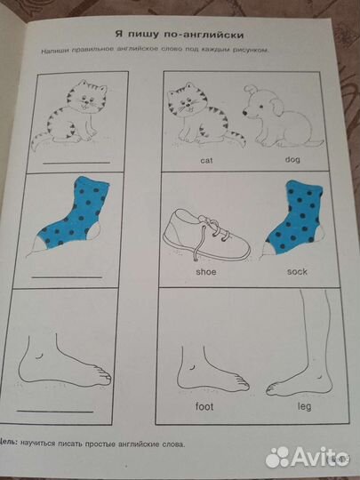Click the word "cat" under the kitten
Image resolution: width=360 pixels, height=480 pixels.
pyautogui.click(x=206, y=160)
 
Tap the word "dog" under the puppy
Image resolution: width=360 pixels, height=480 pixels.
pyautogui.click(x=292, y=159)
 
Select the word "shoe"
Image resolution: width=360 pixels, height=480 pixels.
pyautogui.click(x=206, y=271)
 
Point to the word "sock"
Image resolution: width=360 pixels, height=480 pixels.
pyautogui.click(x=297, y=271)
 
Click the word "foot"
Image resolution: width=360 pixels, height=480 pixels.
pyautogui.click(x=204, y=406)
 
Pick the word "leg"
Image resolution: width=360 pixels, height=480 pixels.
pyautogui.click(x=304, y=407)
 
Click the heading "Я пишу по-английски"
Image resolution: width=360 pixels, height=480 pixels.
pyautogui.click(x=180, y=35)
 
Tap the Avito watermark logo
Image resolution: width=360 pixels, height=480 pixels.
pyautogui.click(x=307, y=457)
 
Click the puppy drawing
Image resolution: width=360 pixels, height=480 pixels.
pyautogui.click(x=282, y=116)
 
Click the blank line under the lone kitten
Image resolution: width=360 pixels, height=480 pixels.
pyautogui.click(x=76, y=163)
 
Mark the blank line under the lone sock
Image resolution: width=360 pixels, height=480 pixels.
pyautogui.click(x=67, y=277)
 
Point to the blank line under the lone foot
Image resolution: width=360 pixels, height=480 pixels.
pyautogui.click(x=55, y=412)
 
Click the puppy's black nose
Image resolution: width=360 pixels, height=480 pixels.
pyautogui.click(x=245, y=113)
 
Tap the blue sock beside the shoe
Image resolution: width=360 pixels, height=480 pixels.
pyautogui.click(x=293, y=218)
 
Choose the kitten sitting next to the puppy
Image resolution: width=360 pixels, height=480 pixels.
pyautogui.click(x=204, y=114)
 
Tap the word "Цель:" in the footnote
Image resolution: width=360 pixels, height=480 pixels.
pyautogui.click(x=9, y=443)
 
